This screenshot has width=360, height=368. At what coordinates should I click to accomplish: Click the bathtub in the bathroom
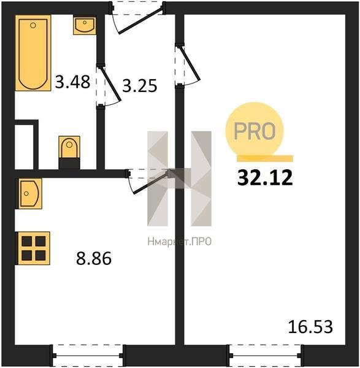33,53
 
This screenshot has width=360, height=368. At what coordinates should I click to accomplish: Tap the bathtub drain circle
33,25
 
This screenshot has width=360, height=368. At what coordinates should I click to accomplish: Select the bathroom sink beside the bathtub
85,25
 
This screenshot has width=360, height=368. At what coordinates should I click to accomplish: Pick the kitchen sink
29,193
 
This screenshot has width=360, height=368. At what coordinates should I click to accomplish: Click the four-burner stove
33,248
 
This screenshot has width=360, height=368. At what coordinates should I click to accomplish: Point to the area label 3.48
72,82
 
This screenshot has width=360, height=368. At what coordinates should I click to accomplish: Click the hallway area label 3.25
140,85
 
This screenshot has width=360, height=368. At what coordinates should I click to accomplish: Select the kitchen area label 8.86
94,258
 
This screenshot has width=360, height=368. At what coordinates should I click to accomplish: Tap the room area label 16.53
310,327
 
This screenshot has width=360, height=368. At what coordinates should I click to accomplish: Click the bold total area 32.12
265,178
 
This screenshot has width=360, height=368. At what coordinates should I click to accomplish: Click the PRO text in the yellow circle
255,131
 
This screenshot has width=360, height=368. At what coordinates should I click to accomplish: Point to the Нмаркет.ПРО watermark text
180,241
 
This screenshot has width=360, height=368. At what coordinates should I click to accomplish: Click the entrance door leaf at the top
140,21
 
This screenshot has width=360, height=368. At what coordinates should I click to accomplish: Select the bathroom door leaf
110,85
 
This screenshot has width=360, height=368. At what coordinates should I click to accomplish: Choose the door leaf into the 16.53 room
190,64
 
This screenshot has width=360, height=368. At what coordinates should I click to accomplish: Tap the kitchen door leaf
151,182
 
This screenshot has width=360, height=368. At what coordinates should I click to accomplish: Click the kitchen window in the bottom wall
88,356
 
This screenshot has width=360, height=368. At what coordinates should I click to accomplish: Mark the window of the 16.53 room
265,356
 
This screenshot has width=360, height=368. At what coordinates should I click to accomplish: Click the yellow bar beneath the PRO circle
265,159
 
